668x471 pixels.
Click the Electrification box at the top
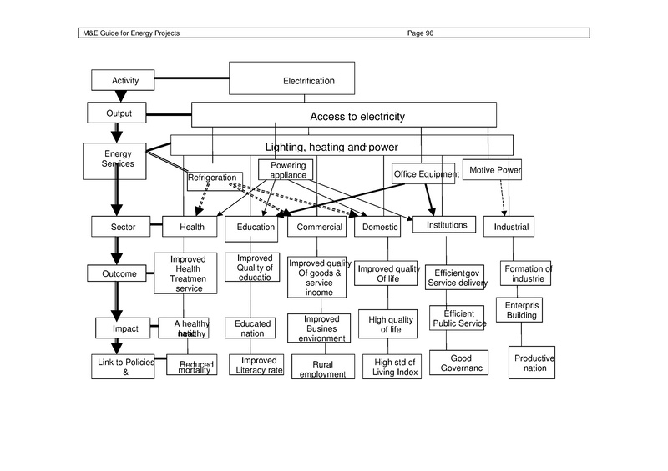point(308,80)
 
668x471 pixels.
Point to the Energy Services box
point(117,159)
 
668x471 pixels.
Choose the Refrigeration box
point(215,179)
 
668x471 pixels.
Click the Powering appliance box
point(288,170)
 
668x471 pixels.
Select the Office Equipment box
point(425,173)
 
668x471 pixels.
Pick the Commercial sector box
point(320,227)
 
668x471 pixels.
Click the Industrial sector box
point(511,227)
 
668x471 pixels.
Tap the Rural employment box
point(316,369)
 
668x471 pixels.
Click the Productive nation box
point(533,363)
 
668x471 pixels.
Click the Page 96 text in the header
point(420,33)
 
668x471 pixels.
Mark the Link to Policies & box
point(123,367)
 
